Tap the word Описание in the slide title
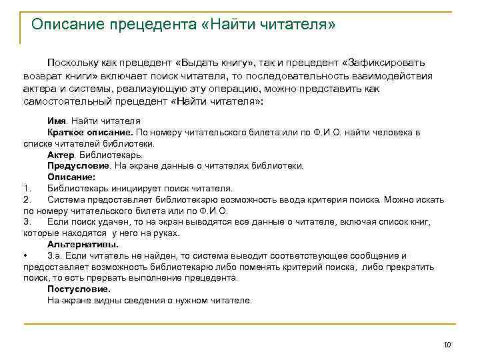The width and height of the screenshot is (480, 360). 69,25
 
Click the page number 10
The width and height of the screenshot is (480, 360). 447,345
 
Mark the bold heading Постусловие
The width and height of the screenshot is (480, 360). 79,289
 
